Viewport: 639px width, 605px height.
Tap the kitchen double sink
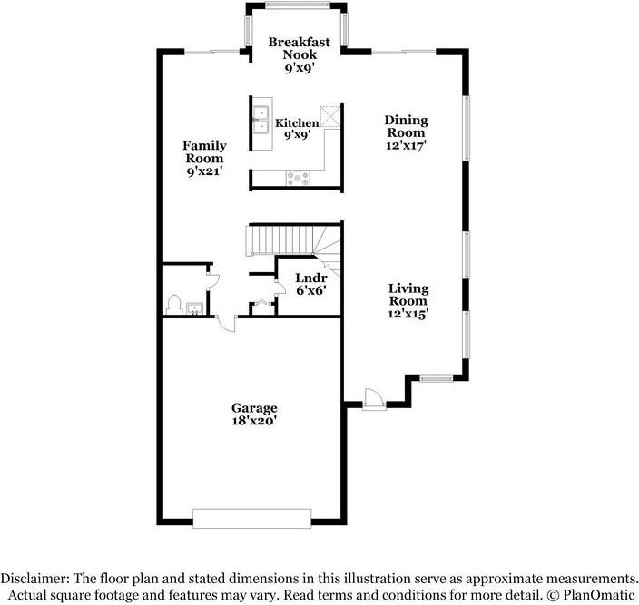[261, 120]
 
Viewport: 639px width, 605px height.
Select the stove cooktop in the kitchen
[298, 178]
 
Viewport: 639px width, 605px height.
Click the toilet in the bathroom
[174, 305]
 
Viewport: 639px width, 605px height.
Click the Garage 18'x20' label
[254, 414]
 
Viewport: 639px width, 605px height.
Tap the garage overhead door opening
[251, 518]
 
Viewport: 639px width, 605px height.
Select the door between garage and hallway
[227, 323]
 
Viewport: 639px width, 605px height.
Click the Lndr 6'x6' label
[311, 284]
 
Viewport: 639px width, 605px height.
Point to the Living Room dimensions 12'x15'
[408, 314]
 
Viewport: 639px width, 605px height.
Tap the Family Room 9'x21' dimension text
[204, 171]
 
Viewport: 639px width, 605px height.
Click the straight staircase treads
[280, 240]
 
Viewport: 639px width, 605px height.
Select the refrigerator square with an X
[329, 117]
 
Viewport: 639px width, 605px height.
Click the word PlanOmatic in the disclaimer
[599, 595]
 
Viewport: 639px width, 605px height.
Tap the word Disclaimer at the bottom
[34, 579]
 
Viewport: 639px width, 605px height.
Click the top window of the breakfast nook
[297, 5]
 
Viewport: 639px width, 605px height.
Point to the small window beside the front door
[437, 379]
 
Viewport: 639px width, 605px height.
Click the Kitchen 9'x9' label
[297, 128]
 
